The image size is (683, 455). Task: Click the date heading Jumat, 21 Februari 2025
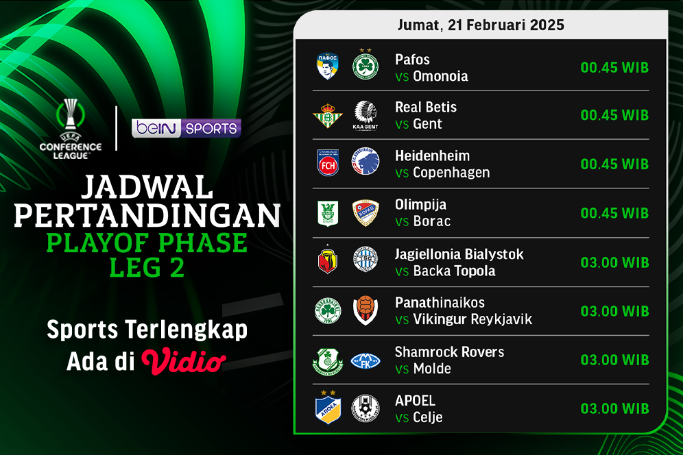(x=480, y=25)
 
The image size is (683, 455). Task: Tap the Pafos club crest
(x=327, y=66)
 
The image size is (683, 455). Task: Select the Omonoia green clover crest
(x=366, y=66)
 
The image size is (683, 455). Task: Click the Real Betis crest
(x=327, y=115)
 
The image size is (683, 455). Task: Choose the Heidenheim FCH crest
(x=327, y=164)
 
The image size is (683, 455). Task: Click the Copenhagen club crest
(x=366, y=164)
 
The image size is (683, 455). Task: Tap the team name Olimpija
(x=421, y=205)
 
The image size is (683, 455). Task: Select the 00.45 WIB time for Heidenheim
(x=614, y=164)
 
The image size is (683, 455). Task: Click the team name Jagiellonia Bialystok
(x=459, y=254)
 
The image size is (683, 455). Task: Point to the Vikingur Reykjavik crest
(x=366, y=310)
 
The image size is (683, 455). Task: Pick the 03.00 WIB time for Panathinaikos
(x=614, y=311)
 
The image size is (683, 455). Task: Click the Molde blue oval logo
(x=366, y=360)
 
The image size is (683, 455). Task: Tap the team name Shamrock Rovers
(x=449, y=352)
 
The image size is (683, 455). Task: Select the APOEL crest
(x=327, y=408)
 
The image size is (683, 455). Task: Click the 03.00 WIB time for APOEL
(x=614, y=409)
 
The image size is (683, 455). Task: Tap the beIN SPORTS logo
(x=187, y=129)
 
